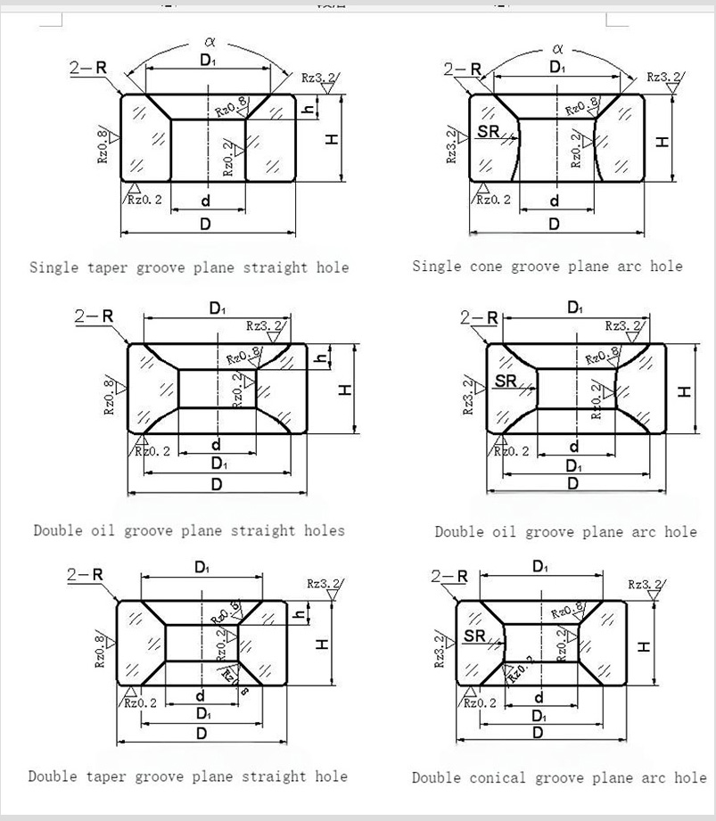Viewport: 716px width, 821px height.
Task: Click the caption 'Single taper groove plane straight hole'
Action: (x=189, y=267)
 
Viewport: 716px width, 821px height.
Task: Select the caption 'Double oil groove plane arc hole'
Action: (x=565, y=532)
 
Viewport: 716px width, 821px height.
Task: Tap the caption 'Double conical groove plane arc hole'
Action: (x=558, y=778)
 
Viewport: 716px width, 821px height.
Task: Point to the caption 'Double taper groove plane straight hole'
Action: (x=187, y=776)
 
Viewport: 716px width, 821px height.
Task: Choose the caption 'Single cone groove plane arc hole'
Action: (x=547, y=267)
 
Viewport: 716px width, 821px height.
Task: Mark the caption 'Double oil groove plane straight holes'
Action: (x=189, y=530)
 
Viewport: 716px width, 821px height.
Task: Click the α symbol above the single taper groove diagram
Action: (x=209, y=40)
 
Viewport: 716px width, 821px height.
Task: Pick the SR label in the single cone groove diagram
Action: (x=487, y=131)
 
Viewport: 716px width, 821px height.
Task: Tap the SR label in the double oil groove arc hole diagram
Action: (x=506, y=381)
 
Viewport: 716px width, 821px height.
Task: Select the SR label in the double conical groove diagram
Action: (x=475, y=636)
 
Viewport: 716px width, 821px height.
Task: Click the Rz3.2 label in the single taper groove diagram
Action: (x=319, y=78)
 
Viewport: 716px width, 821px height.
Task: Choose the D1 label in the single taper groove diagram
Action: (x=207, y=62)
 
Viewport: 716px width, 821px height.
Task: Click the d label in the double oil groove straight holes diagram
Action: (x=217, y=444)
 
